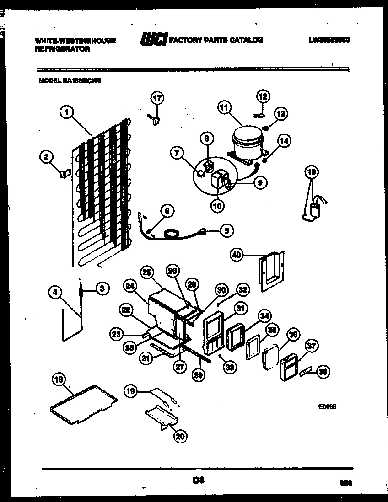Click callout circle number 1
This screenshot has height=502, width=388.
click(x=67, y=111)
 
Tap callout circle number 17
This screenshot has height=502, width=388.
click(x=157, y=98)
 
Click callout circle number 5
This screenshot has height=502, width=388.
click(x=226, y=231)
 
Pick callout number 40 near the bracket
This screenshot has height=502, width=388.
click(x=237, y=256)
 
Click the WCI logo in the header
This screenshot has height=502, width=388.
click(x=154, y=39)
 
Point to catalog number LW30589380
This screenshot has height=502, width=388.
click(x=329, y=40)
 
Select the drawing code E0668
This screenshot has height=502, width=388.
click(x=328, y=406)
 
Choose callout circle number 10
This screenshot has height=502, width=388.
click(x=217, y=206)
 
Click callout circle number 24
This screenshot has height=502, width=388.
click(x=130, y=287)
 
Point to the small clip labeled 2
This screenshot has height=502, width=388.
click(x=64, y=173)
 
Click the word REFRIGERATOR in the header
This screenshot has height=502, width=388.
click(x=62, y=49)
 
